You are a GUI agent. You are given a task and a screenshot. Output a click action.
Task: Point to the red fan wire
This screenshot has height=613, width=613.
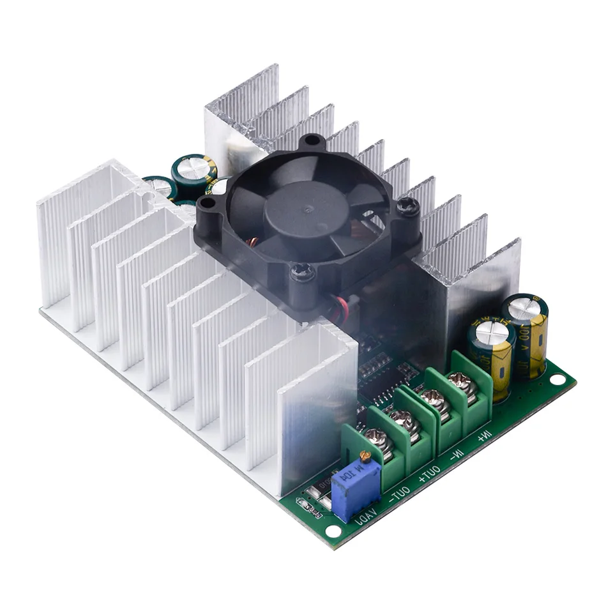338,305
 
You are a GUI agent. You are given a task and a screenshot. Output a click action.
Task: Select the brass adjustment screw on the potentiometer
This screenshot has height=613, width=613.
365,456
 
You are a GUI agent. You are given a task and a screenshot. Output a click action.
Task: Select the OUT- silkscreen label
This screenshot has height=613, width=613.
400,493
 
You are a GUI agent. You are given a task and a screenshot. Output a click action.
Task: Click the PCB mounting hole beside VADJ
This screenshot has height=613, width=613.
332,530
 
